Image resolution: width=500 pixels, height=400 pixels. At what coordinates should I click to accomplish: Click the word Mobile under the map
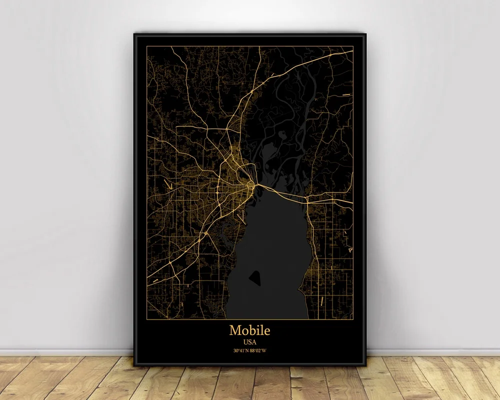(x=249, y=330)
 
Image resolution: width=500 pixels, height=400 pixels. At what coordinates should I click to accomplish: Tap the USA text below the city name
(x=249, y=342)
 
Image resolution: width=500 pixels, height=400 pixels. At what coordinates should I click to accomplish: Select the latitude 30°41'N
(x=241, y=351)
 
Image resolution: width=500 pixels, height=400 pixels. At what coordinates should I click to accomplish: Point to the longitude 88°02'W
(x=258, y=351)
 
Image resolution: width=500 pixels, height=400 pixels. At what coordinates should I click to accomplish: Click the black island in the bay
(x=255, y=276)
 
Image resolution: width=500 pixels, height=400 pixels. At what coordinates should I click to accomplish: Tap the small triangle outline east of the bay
(x=350, y=249)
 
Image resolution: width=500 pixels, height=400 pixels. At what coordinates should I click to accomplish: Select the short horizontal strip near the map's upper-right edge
(x=346, y=93)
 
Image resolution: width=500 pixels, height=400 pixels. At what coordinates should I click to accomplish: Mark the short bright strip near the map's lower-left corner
(x=156, y=281)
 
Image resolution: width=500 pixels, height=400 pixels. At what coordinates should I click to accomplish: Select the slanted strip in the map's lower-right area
(x=322, y=300)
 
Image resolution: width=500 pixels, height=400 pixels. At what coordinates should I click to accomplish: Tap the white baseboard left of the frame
(x=65, y=352)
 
